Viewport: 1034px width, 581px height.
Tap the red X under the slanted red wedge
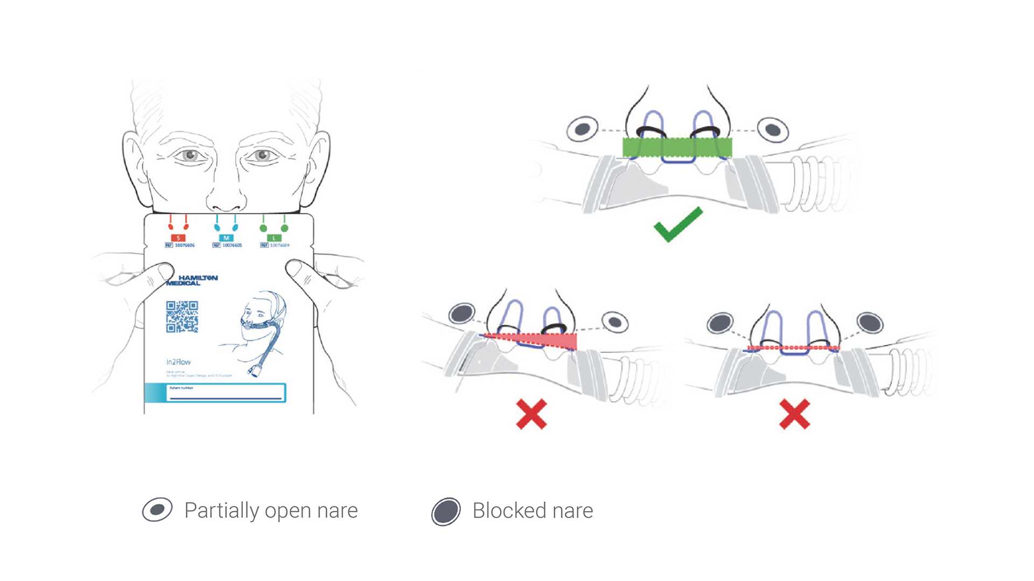pyautogui.click(x=532, y=414)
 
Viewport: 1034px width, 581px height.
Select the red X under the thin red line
pyautogui.click(x=794, y=414)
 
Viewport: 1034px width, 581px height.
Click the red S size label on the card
pyautogui.click(x=178, y=238)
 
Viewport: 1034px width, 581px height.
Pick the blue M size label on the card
pyautogui.click(x=226, y=238)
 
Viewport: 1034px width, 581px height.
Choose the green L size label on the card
pyautogui.click(x=274, y=238)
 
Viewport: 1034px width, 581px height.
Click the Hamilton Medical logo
pyautogui.click(x=192, y=280)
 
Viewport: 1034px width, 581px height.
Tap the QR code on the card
pyautogui.click(x=182, y=317)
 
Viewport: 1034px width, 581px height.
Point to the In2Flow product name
pyautogui.click(x=178, y=362)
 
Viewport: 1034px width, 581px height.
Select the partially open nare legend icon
pyautogui.click(x=157, y=509)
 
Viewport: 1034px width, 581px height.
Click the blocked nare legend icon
pyautogui.click(x=446, y=511)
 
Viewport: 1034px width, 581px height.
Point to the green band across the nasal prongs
pyautogui.click(x=677, y=147)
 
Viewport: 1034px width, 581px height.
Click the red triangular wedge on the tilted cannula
pyautogui.click(x=549, y=341)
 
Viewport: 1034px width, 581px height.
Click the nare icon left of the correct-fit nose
pyautogui.click(x=582, y=129)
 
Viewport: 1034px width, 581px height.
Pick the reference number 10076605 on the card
pyautogui.click(x=232, y=245)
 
